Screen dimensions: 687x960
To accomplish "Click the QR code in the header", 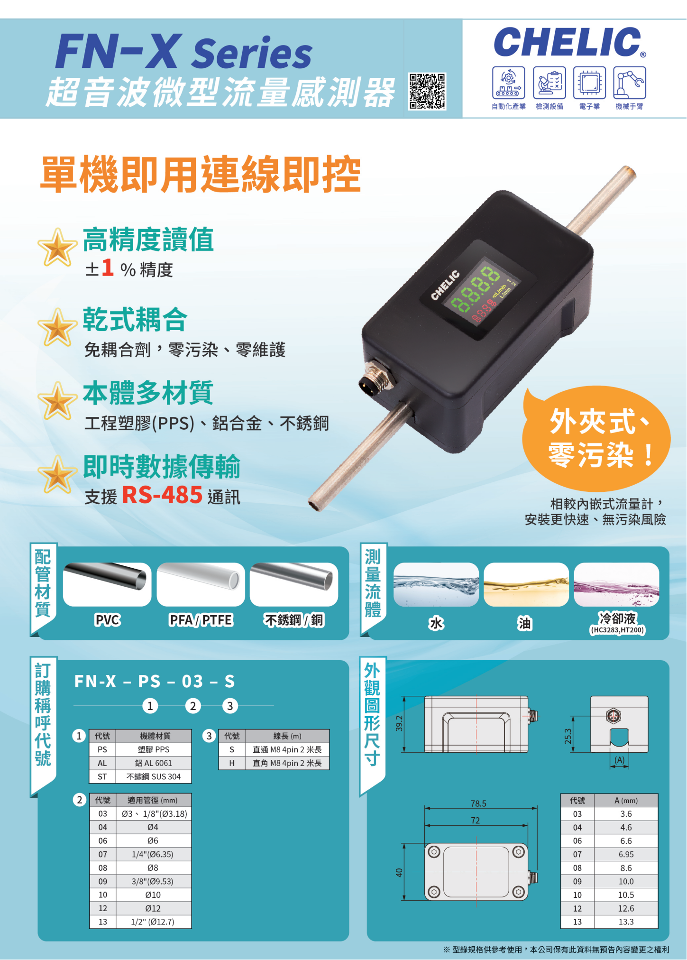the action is click(427, 91).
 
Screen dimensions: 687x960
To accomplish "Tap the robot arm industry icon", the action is click(630, 83).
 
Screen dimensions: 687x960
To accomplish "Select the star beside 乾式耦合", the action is click(57, 327).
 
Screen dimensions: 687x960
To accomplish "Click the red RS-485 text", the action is click(163, 495).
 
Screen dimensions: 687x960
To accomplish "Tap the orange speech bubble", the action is click(596, 438).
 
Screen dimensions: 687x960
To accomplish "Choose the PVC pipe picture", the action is click(107, 584).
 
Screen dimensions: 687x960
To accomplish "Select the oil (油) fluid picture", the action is click(526, 584).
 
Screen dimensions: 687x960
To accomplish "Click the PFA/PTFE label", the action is click(201, 620).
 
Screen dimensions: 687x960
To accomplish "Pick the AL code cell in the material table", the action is click(102, 763).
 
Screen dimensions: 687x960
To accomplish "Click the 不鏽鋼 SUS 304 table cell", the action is click(154, 776).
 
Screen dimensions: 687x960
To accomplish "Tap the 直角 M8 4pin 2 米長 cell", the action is click(287, 763).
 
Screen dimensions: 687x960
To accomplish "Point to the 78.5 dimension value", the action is click(478, 803).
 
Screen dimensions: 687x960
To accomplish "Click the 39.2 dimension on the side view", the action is click(399, 723).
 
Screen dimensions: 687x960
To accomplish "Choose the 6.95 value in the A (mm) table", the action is click(626, 854).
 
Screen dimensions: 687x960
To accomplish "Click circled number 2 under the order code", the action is click(193, 706).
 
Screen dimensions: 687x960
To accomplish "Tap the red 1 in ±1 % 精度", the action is click(108, 268).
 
